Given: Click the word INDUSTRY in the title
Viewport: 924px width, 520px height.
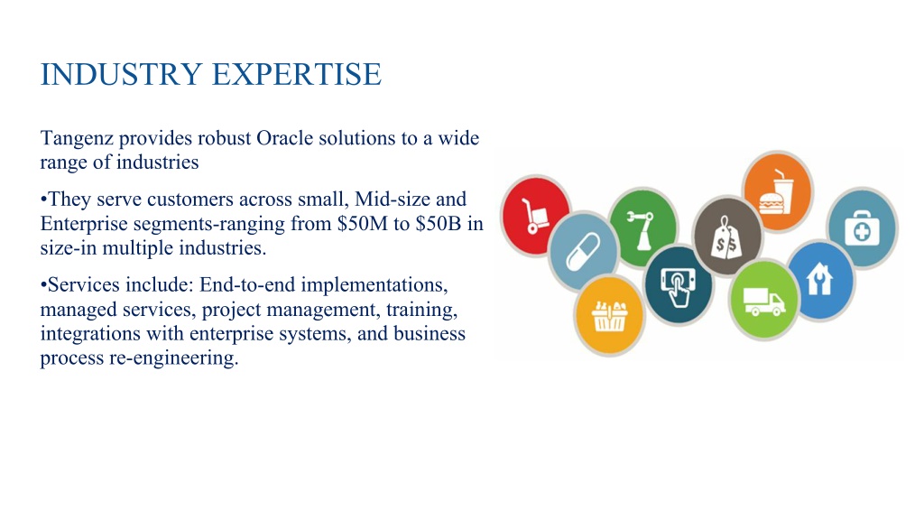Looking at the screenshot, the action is pyautogui.click(x=122, y=74).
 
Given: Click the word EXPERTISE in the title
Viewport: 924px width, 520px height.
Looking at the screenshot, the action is pyautogui.click(x=296, y=74).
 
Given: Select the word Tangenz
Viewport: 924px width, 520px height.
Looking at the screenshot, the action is pyautogui.click(x=77, y=139).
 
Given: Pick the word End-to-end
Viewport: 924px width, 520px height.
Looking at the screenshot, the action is pyautogui.click(x=247, y=284).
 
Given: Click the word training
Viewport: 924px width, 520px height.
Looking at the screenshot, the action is pyautogui.click(x=422, y=311).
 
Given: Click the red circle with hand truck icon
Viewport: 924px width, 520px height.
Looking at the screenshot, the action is pyautogui.click(x=535, y=216).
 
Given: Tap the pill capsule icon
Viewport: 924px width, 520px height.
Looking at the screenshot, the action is pyautogui.click(x=583, y=251).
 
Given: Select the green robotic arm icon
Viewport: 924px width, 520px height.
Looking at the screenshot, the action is pyautogui.click(x=642, y=227).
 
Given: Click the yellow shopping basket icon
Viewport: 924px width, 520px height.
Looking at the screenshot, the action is pyautogui.click(x=609, y=315).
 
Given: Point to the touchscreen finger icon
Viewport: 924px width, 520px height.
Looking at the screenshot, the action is pyautogui.click(x=679, y=285).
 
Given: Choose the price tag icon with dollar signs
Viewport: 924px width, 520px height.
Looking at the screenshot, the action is pyautogui.click(x=726, y=236).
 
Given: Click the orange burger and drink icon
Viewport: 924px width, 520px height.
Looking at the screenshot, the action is pyautogui.click(x=777, y=191).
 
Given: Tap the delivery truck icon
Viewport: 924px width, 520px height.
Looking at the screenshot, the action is pyautogui.click(x=763, y=300).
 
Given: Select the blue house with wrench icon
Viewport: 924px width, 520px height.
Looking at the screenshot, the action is pyautogui.click(x=819, y=281).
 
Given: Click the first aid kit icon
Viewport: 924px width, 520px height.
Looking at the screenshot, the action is pyautogui.click(x=862, y=228).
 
